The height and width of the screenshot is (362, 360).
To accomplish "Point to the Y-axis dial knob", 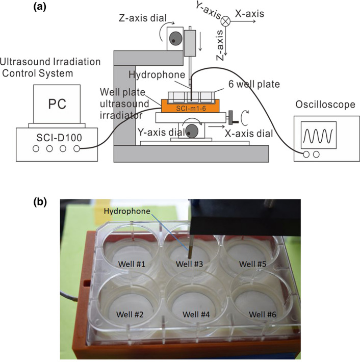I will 192,131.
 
